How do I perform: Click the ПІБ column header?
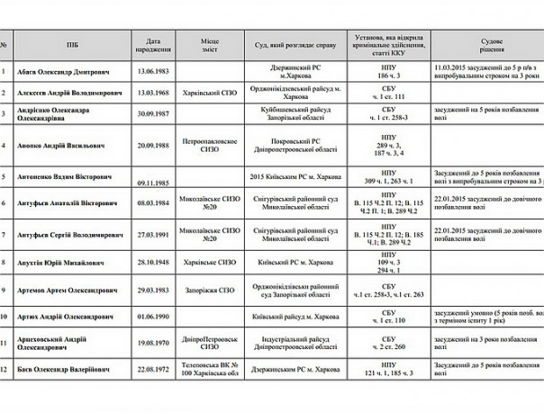(x=71, y=43)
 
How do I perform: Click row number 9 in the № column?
(x=5, y=291)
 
